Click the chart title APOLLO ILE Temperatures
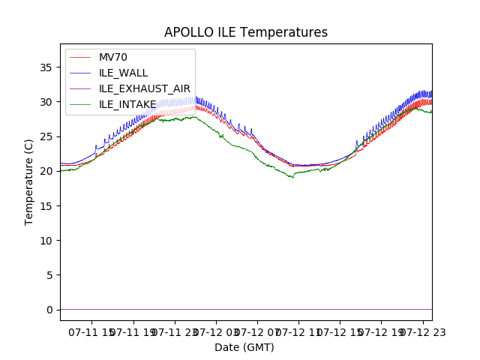click(x=246, y=33)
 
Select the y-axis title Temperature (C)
click(x=29, y=182)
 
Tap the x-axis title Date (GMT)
click(x=244, y=347)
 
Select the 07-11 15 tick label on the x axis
click(x=93, y=331)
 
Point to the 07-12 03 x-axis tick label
click(x=217, y=331)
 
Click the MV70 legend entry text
click(x=113, y=58)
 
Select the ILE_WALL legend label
click(x=124, y=73)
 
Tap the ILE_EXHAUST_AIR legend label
click(x=145, y=88)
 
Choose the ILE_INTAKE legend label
click(x=128, y=104)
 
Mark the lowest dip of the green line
click(x=292, y=177)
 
